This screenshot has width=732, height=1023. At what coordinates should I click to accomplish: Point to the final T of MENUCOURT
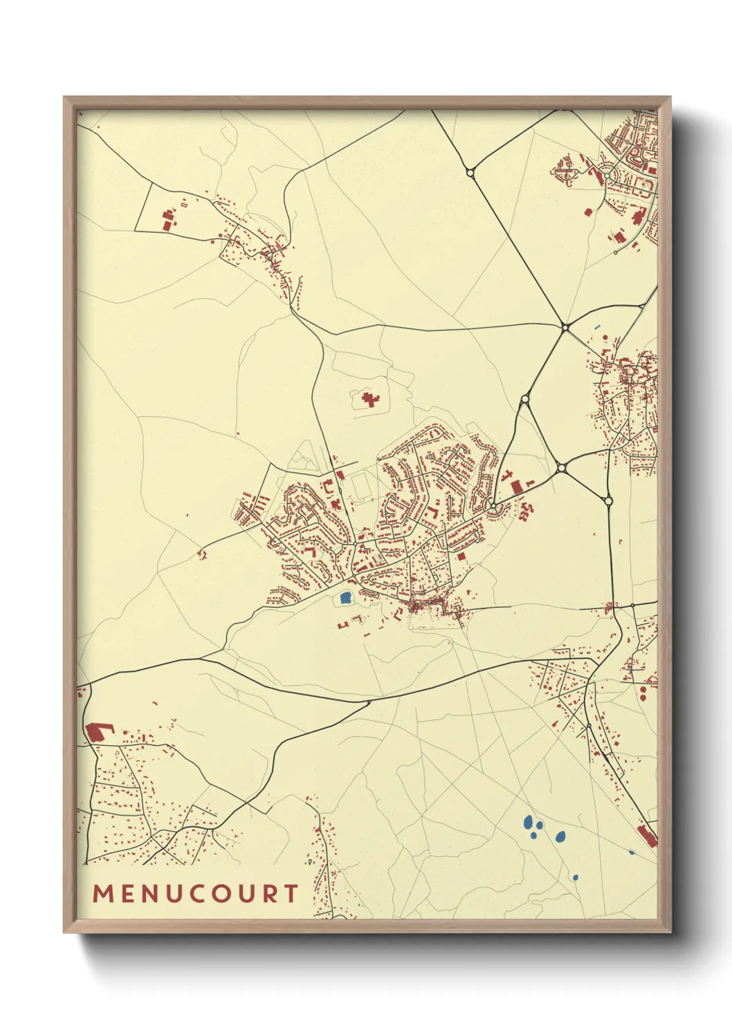pyautogui.click(x=290, y=894)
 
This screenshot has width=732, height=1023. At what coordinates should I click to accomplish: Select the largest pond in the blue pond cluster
pyautogui.click(x=529, y=823)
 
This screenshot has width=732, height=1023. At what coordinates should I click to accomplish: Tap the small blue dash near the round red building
pyautogui.click(x=597, y=327)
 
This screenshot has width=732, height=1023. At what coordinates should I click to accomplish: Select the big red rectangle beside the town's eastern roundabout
pyautogui.click(x=516, y=487)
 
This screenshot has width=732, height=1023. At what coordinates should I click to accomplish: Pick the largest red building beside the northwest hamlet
pyautogui.click(x=167, y=222)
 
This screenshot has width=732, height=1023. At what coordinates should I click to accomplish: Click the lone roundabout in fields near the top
pyautogui.click(x=470, y=172)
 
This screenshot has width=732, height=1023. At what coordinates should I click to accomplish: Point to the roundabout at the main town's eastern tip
pyautogui.click(x=493, y=507)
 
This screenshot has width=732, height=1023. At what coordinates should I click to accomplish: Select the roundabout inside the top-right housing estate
pyautogui.click(x=607, y=177)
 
